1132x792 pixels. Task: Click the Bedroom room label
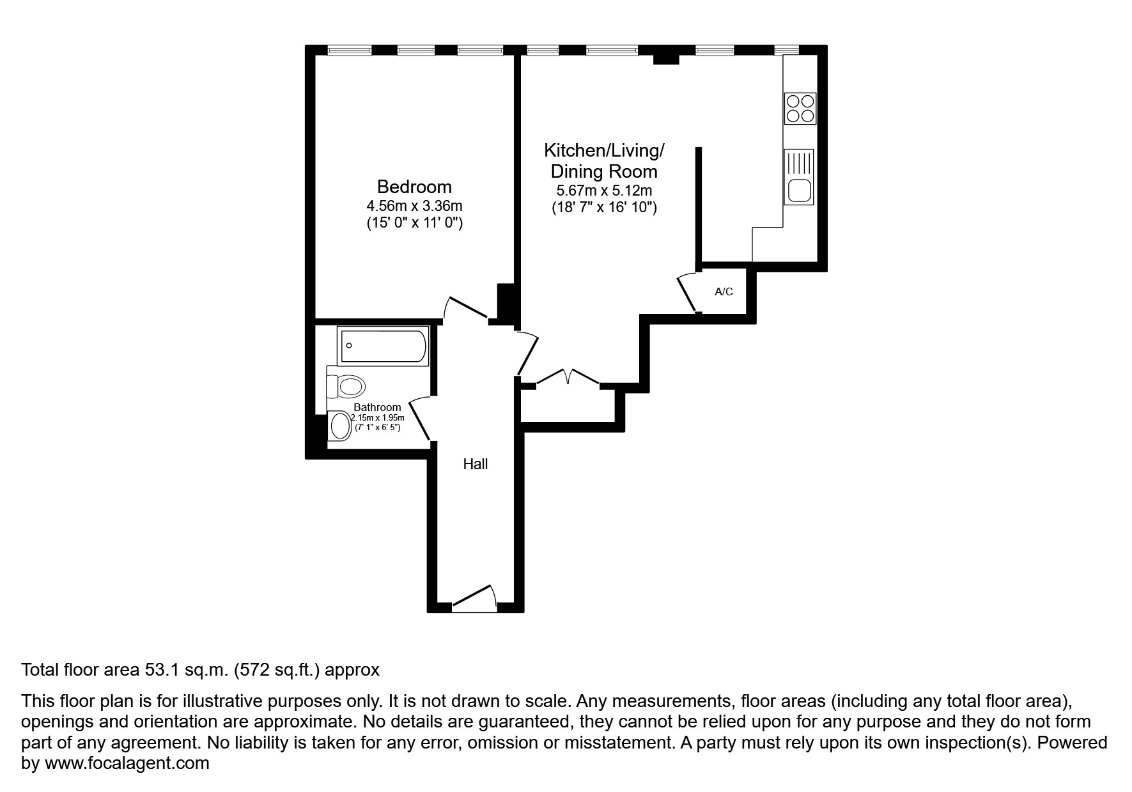coord(414,187)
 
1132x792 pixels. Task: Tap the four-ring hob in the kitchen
coord(800,108)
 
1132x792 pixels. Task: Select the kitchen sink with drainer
coord(798,177)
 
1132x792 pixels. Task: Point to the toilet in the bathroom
coord(346,386)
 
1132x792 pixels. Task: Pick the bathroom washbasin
coord(341,426)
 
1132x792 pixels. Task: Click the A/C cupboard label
coord(724,292)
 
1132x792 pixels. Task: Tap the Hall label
coord(475,465)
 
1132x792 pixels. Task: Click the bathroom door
coord(419,418)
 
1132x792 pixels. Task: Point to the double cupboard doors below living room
coord(568,377)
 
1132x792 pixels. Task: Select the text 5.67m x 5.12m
coord(604,190)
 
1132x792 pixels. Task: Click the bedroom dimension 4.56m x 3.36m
coord(414,206)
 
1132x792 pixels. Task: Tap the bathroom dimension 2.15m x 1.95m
coord(377,417)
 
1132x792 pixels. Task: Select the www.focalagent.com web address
coord(127,763)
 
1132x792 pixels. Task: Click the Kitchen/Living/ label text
coord(604,151)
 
